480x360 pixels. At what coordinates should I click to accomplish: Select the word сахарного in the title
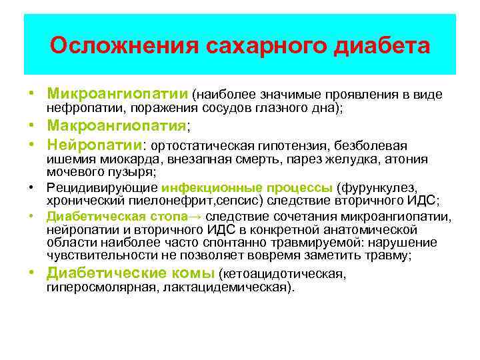pos(265,47)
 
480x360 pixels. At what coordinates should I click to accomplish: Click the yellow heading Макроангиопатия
pos(116,126)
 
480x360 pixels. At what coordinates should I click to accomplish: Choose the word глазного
pos(274,109)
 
